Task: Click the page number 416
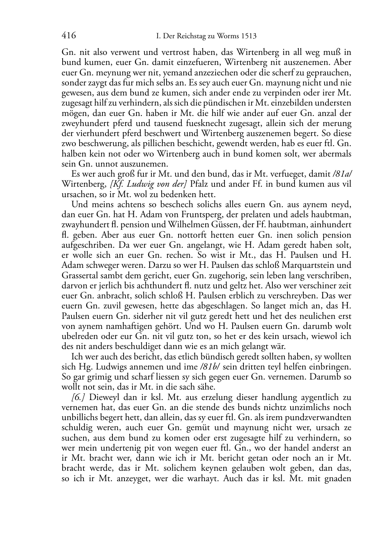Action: point(68,36)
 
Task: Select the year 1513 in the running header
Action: point(248,36)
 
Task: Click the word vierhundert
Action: point(91,134)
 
